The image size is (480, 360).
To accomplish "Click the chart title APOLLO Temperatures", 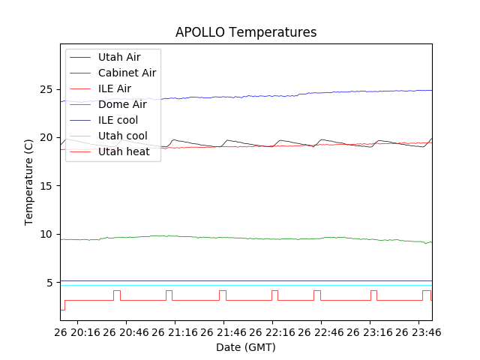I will pyautogui.click(x=246, y=32).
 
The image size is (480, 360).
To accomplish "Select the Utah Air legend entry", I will pyautogui.click(x=118, y=57).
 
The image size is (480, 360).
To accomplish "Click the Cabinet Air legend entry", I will pyautogui.click(x=127, y=73).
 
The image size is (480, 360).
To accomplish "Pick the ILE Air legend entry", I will pyautogui.click(x=114, y=88).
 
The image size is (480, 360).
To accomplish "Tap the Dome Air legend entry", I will pyautogui.click(x=122, y=104).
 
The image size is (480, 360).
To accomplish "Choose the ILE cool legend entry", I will pyautogui.click(x=118, y=120).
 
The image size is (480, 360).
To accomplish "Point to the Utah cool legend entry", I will pyautogui.click(x=122, y=136).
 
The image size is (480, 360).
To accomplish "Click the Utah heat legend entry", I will pyautogui.click(x=124, y=151).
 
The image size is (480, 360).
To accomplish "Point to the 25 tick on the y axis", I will pyautogui.click(x=48, y=90).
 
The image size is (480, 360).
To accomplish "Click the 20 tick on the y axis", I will pyautogui.click(x=48, y=138).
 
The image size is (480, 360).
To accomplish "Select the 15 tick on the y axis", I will pyautogui.click(x=48, y=186).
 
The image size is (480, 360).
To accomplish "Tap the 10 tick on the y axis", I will pyautogui.click(x=48, y=235).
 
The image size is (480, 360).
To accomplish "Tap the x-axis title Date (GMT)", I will pyautogui.click(x=246, y=347).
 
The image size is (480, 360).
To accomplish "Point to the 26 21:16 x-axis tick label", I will pyautogui.click(x=176, y=332).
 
